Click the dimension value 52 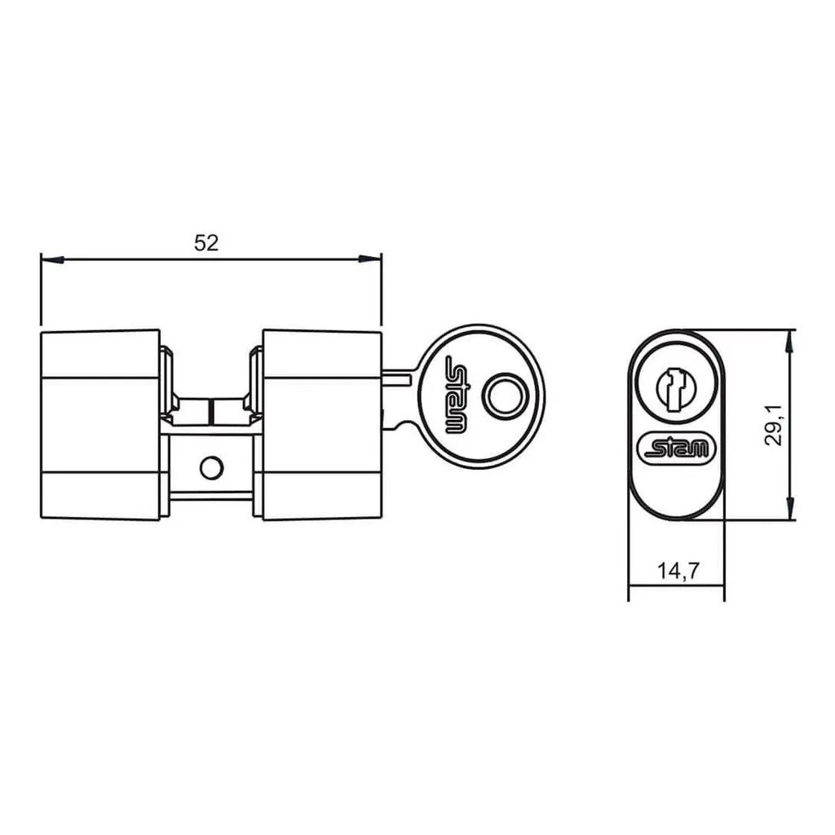[206, 243]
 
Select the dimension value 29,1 [773, 424]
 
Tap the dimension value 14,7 [678, 571]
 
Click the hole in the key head [505, 395]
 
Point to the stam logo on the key [456, 395]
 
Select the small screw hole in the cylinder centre [211, 467]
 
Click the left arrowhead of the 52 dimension [52, 259]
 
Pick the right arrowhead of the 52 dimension [370, 259]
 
